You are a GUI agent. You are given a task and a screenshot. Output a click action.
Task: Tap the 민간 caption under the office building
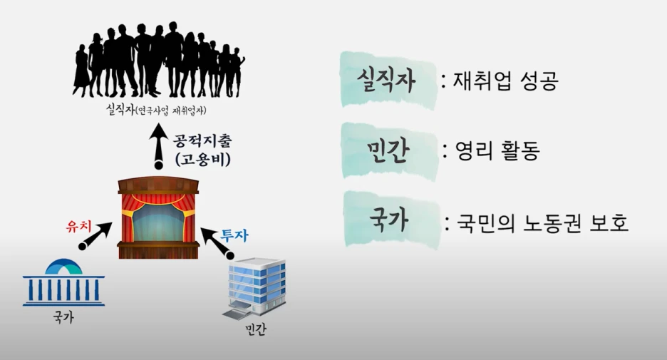[253, 331]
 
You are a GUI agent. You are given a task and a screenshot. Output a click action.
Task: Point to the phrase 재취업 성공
[505, 81]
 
